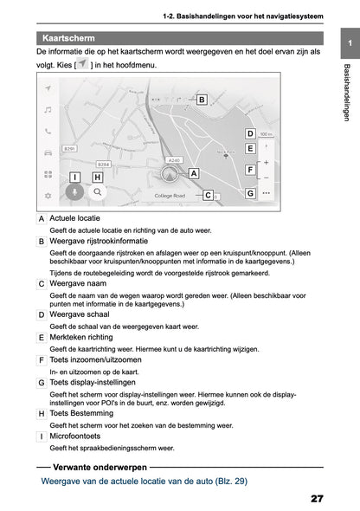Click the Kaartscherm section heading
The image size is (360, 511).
pyautogui.click(x=70, y=38)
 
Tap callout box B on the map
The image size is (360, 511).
pyautogui.click(x=201, y=100)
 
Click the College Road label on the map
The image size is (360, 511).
pyautogui.click(x=170, y=196)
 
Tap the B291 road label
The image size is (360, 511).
pyautogui.click(x=71, y=149)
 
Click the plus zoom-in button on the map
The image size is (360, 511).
pyautogui.click(x=266, y=162)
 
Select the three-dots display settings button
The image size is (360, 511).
pyautogui.click(x=266, y=193)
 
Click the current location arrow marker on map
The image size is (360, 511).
pyautogui.click(x=169, y=173)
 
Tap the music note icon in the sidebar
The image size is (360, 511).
pyautogui.click(x=48, y=110)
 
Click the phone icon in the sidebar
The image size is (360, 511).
pyautogui.click(x=48, y=131)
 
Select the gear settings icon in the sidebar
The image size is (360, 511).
pyautogui.click(x=48, y=196)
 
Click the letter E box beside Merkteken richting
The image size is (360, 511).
pyautogui.click(x=42, y=337)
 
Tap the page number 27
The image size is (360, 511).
pyautogui.click(x=315, y=499)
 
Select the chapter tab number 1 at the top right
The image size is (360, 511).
pyautogui.click(x=348, y=43)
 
